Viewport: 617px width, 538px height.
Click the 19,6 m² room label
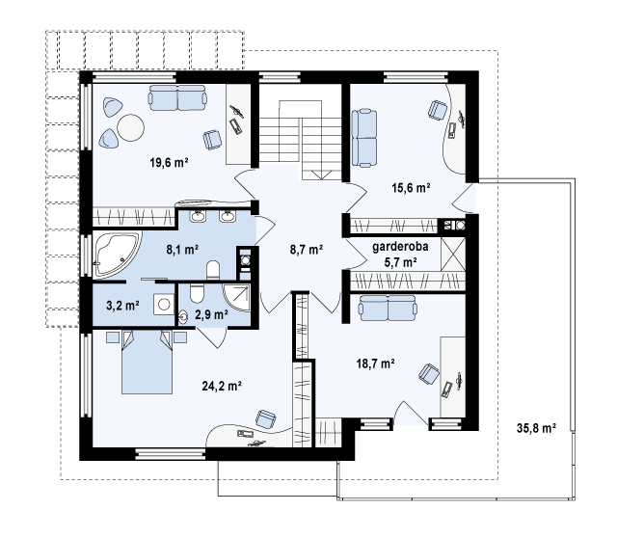pos(169,162)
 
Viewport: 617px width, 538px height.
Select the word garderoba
pos(400,247)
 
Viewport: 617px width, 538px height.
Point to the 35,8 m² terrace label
pos(536,428)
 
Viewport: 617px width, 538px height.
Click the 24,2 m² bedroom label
pos(222,386)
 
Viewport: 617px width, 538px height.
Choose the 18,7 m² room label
pos(375,363)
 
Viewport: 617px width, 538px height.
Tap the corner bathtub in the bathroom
pos(117,255)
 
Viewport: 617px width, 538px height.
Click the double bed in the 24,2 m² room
pos(147,363)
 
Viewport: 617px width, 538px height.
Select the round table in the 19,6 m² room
pos(131,127)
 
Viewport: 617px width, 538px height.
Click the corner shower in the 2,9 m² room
pos(237,297)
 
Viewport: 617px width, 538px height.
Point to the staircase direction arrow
pos(321,174)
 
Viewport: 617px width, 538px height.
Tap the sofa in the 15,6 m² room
pos(364,139)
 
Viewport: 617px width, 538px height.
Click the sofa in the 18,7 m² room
pos(388,309)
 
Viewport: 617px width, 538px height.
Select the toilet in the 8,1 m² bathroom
pos(213,270)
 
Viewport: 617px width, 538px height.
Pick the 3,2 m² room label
pos(122,305)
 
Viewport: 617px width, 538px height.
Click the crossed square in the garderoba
pos(453,254)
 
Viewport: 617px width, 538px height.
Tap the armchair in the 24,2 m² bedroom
pos(265,418)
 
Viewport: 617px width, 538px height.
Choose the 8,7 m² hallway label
pos(307,249)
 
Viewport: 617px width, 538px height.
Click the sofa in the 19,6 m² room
pos(177,98)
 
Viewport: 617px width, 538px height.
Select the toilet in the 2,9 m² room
pos(196,293)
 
